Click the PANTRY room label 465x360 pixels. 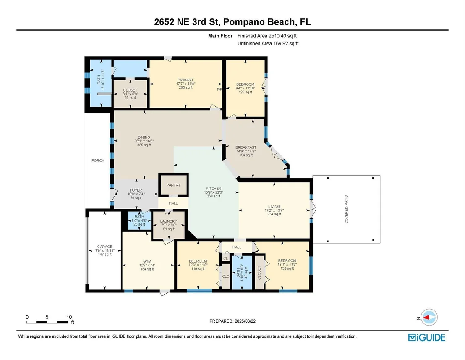pos(173,185)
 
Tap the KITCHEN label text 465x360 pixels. pos(214,189)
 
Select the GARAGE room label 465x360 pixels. pos(105,247)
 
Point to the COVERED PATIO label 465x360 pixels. pos(346,209)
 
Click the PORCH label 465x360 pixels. pos(98,160)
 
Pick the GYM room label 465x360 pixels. pos(147,261)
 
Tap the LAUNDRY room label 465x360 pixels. pos(168,221)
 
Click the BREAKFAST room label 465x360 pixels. pos(246,147)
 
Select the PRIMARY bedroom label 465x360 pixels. pos(185,80)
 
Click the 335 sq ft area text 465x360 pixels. pos(144,145)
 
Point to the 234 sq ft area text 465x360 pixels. pos(274,214)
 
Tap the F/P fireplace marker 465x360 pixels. pos(219,89)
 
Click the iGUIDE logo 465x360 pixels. pos(427,337)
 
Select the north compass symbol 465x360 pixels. pos(429,318)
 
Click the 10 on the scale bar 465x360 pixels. pos(69,317)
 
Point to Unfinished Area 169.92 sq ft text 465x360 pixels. pos(268,44)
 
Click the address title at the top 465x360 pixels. pos(232,22)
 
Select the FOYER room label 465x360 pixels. pos(136,190)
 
